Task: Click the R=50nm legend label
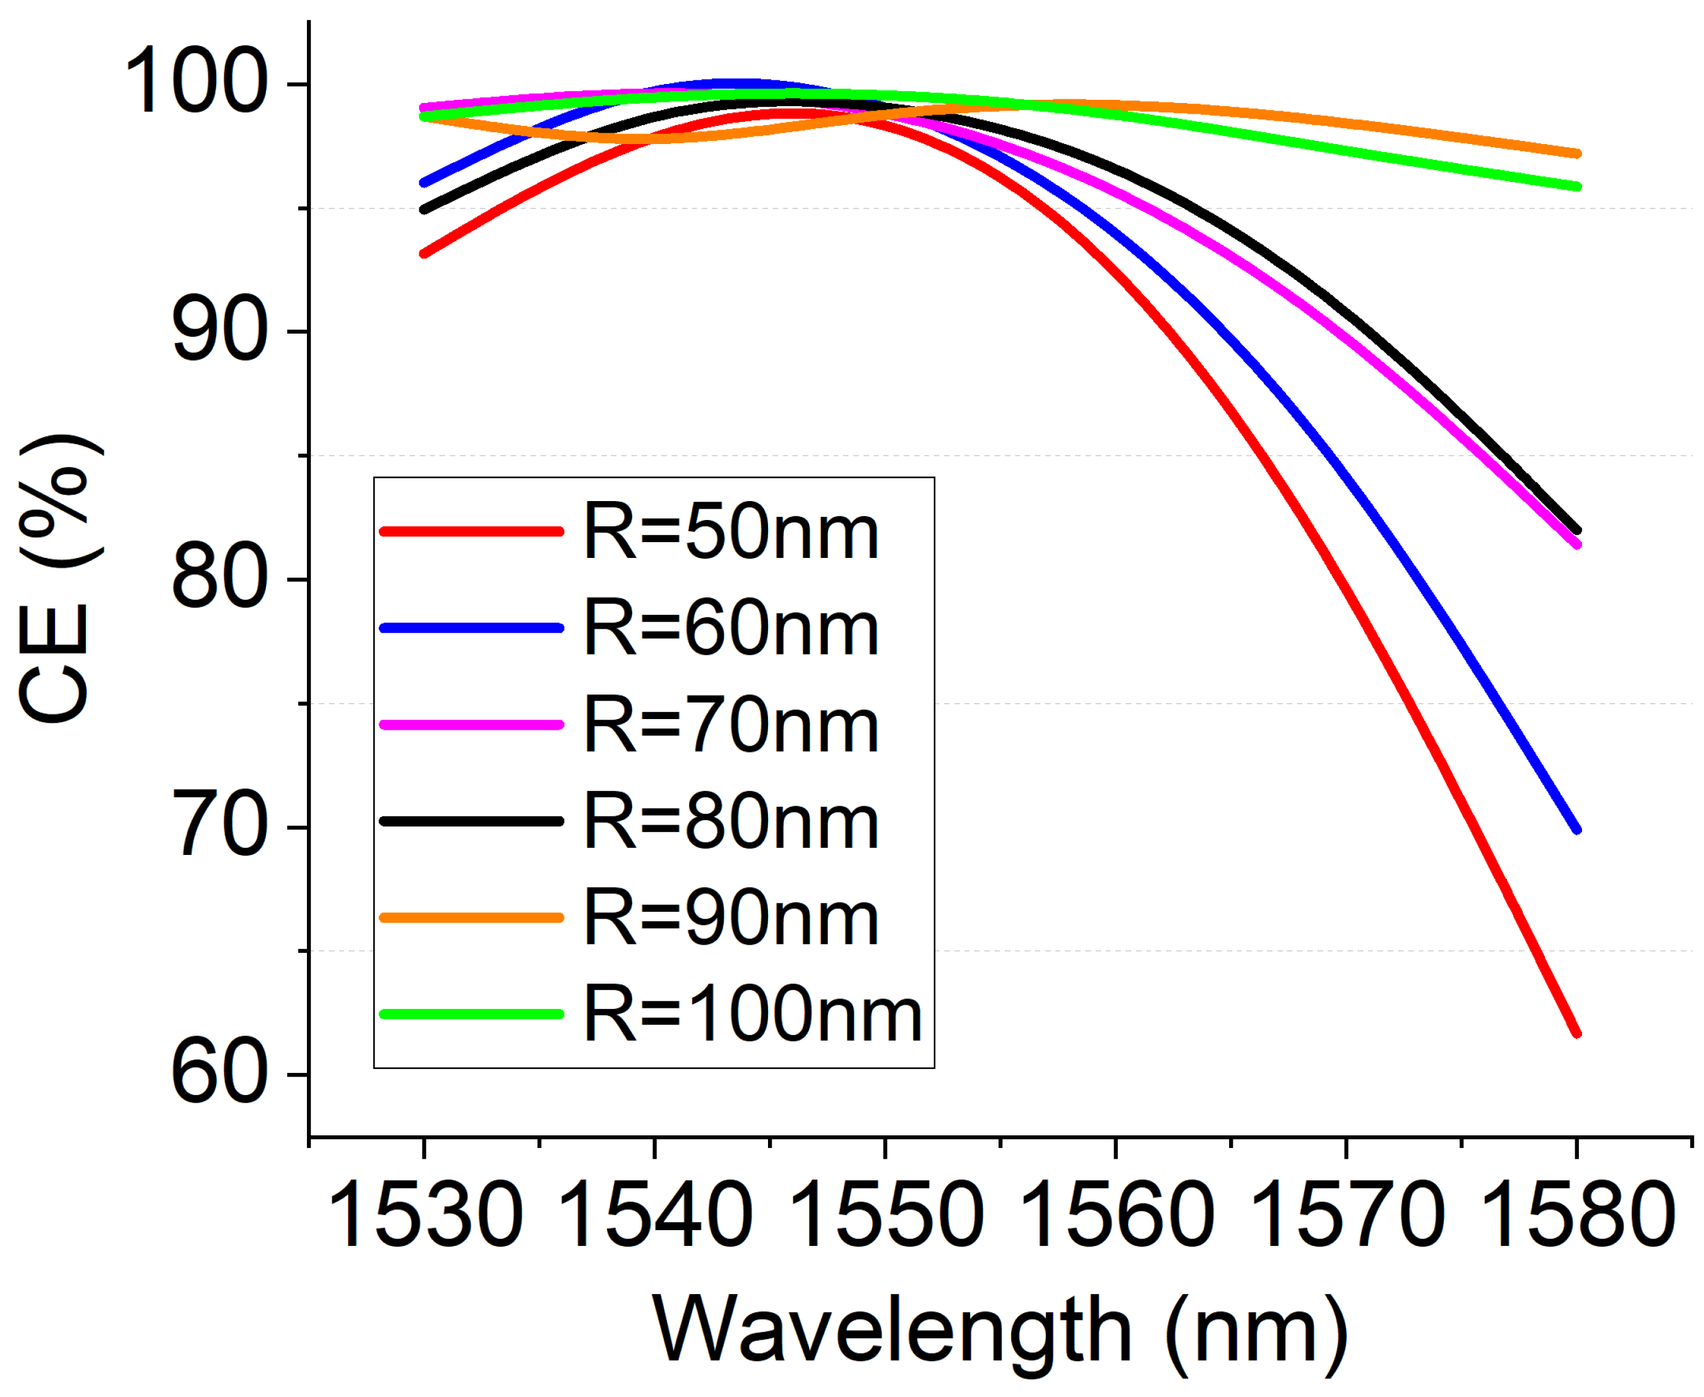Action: [731, 532]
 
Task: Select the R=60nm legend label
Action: [731, 629]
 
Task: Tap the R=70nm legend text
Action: [731, 726]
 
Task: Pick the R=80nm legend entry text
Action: [731, 821]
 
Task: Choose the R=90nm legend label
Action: [731, 918]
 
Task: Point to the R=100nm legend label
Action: [752, 1015]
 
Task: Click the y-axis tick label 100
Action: [196, 83]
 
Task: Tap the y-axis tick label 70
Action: [219, 826]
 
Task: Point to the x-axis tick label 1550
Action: [886, 1216]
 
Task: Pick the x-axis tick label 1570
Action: [1347, 1216]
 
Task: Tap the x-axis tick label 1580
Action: [1577, 1216]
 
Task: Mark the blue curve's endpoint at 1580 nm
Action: [1576, 830]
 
